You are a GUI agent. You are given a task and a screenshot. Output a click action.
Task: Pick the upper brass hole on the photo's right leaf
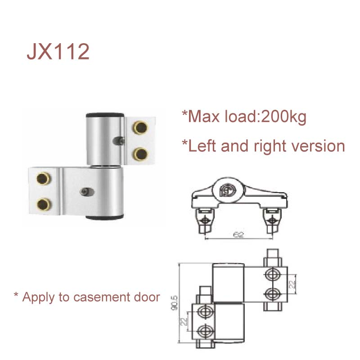point(139,129)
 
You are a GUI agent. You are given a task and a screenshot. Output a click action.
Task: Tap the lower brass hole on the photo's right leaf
point(139,153)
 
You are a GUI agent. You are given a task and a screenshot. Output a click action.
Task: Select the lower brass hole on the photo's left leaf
point(44,203)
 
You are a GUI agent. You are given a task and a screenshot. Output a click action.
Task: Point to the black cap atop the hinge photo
point(104,114)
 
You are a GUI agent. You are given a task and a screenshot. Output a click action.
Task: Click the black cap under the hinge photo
point(104,218)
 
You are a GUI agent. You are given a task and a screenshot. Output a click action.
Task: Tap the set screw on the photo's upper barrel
point(120,140)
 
